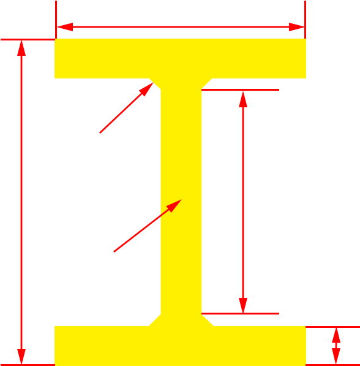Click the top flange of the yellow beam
pyautogui.click(x=180, y=58)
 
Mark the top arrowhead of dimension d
pyautogui.click(x=21, y=48)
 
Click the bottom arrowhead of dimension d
pyautogui.click(x=21, y=357)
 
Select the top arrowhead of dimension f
pyautogui.click(x=243, y=98)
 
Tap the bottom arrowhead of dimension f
pyautogui.click(x=243, y=305)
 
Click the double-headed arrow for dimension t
pyautogui.click(x=336, y=346)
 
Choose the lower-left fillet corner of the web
pyautogui.click(x=155, y=319)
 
